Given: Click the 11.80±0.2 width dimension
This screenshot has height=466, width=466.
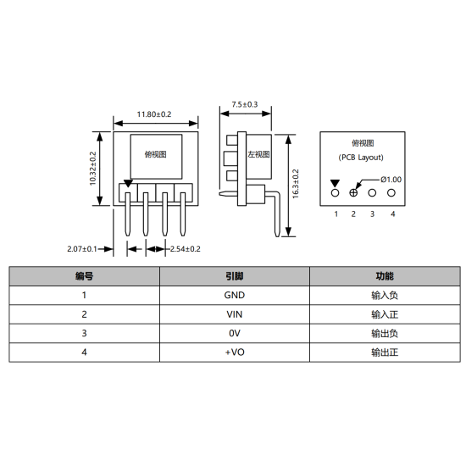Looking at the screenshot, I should click(154, 114).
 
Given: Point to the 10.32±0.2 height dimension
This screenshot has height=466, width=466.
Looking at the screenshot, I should click(93, 168).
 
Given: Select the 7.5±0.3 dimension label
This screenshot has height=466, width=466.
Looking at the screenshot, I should click(244, 104).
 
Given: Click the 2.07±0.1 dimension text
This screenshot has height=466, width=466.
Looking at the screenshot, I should click(83, 249).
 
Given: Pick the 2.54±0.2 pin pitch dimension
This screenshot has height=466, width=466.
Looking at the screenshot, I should click(186, 249).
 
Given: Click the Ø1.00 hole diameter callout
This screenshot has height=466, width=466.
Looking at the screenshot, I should click(391, 179).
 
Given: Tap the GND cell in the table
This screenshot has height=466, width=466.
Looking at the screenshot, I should click(234, 296).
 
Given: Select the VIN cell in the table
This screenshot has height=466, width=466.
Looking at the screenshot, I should click(234, 314).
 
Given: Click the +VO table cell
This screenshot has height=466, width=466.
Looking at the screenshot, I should click(234, 352).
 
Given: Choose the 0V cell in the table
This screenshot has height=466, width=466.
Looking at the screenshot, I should click(234, 333).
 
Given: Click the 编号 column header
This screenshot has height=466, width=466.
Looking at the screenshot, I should click(84, 276).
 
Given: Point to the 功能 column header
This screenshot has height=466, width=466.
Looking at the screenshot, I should click(384, 276).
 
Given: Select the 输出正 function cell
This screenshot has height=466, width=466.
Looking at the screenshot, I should click(384, 352).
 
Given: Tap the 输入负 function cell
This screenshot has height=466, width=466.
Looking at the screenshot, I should click(384, 296).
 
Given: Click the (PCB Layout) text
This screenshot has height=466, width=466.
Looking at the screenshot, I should click(361, 158).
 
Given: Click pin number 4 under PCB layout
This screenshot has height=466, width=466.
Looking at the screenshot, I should click(392, 214).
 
